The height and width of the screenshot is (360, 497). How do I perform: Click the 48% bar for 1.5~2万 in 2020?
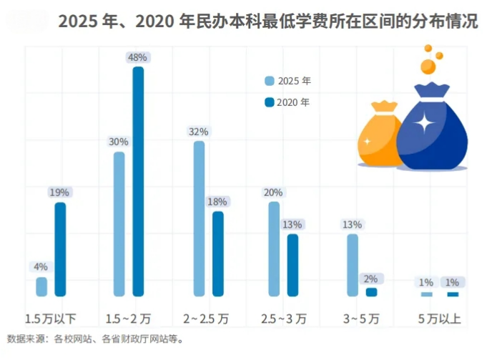click(x=138, y=181)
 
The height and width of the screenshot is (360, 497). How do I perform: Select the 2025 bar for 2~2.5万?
click(x=199, y=218)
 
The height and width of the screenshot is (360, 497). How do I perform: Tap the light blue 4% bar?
click(x=41, y=286)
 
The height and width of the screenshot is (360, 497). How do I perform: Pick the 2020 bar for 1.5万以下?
click(x=60, y=249)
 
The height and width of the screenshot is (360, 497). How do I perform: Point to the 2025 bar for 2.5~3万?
click(x=274, y=248)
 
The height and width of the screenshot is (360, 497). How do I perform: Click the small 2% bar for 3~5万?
click(x=371, y=292)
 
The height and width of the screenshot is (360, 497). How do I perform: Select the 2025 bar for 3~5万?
click(x=353, y=265)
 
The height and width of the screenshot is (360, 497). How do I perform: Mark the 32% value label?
click(x=199, y=132)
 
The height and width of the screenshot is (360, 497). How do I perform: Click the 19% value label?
click(x=59, y=192)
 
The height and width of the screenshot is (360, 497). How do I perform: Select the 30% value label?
click(x=119, y=142)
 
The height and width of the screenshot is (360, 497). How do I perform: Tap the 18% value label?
click(x=217, y=201)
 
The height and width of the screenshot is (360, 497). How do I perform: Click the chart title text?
click(x=267, y=21)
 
